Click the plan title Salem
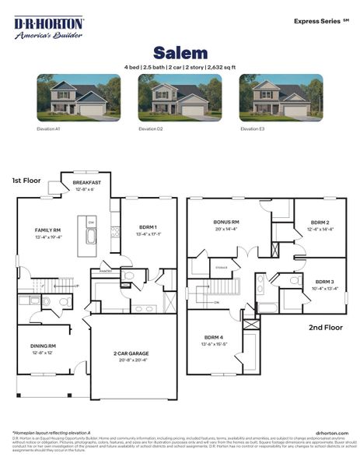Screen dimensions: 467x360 tap(180, 53)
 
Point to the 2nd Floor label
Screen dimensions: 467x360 tap(326, 328)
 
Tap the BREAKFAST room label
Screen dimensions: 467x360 tap(87, 183)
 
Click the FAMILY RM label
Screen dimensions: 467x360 tap(47, 230)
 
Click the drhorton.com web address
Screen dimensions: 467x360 tap(332, 433)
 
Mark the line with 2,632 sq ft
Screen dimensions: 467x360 tap(180, 67)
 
